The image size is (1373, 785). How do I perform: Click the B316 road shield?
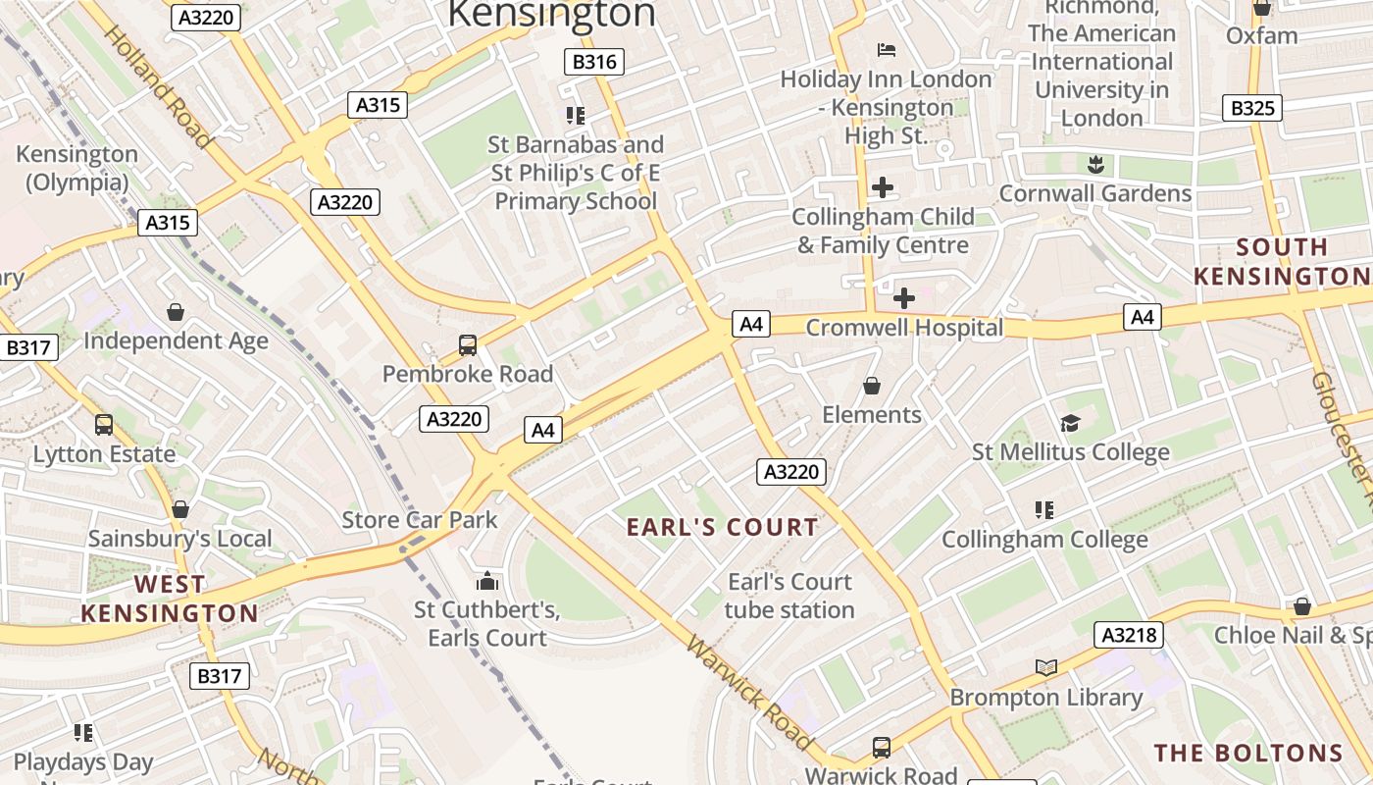pyautogui.click(x=594, y=62)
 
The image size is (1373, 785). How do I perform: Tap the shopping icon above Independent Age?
pyautogui.click(x=176, y=312)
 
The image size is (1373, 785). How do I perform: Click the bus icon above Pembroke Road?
pyautogui.click(x=468, y=345)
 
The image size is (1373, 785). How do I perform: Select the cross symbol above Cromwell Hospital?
pyautogui.click(x=904, y=297)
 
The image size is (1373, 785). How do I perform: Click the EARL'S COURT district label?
pyautogui.click(x=723, y=527)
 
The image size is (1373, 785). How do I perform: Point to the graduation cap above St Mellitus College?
pyautogui.click(x=1070, y=423)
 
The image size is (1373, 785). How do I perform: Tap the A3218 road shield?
pyautogui.click(x=1129, y=635)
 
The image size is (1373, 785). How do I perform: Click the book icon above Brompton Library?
pyautogui.click(x=1046, y=668)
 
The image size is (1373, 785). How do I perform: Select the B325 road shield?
pyautogui.click(x=1252, y=108)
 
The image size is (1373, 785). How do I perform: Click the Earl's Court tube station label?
pyautogui.click(x=789, y=596)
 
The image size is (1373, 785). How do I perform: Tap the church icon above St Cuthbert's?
pyautogui.click(x=486, y=581)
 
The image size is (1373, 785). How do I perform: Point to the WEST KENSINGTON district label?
pyautogui.click(x=170, y=599)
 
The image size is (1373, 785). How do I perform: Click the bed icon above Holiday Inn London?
pyautogui.click(x=886, y=49)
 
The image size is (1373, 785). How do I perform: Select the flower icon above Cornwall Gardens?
pyautogui.click(x=1095, y=164)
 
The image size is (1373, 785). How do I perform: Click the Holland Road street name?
pyautogui.click(x=158, y=86)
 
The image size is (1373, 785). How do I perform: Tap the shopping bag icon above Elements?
pyautogui.click(x=871, y=386)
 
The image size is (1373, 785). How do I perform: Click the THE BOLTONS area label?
pyautogui.click(x=1247, y=754)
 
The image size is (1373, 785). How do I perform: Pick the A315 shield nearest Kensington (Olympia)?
pyautogui.click(x=168, y=223)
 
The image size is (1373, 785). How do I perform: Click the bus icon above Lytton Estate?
pyautogui.click(x=104, y=425)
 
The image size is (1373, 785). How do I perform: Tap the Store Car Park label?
pyautogui.click(x=420, y=520)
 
